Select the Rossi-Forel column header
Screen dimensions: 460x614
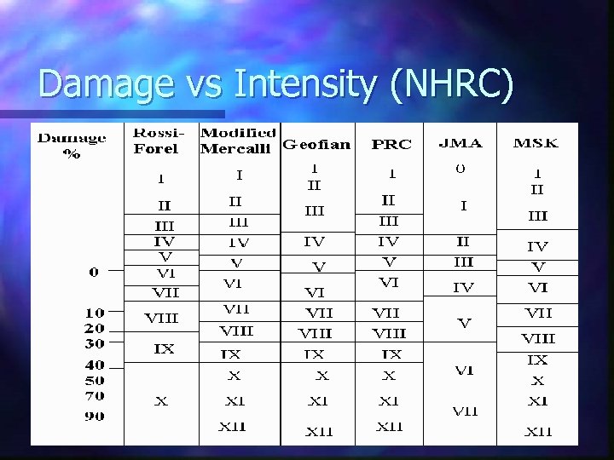[x=156, y=141]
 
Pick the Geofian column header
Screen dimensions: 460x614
[x=316, y=144]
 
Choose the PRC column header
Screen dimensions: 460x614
[x=390, y=144]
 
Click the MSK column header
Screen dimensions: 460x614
[x=536, y=143]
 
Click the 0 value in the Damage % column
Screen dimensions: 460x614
[x=93, y=272]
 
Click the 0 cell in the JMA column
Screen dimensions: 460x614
[x=460, y=169]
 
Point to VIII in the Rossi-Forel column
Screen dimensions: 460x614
[x=161, y=318]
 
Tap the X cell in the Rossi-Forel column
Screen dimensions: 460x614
[x=161, y=400]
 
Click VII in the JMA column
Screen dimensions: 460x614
[x=465, y=411]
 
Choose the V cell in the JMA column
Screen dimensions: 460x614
[x=464, y=324]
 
